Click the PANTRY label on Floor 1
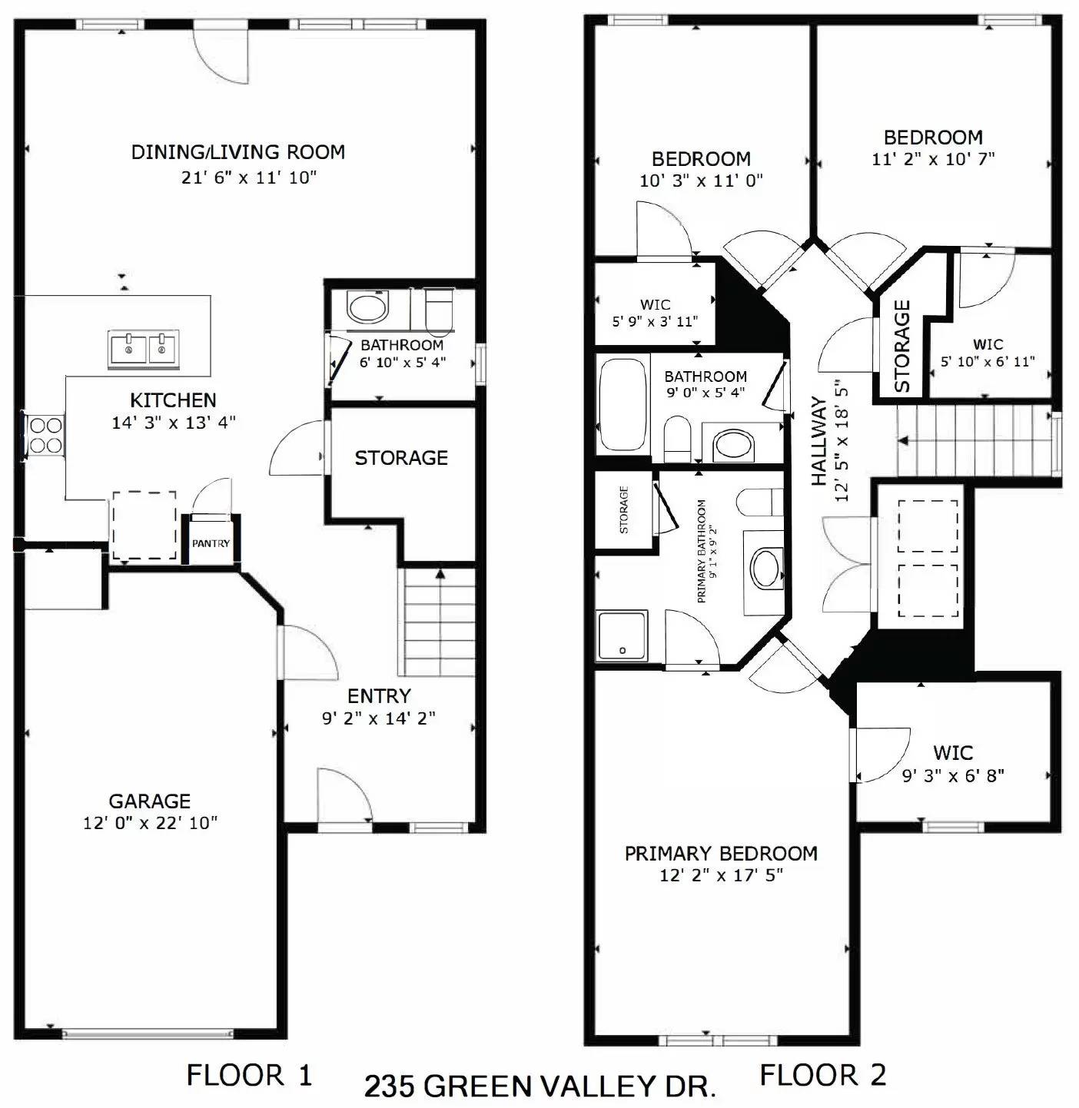coord(211,543)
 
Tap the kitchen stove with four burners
coord(45,434)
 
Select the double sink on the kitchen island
coord(144,349)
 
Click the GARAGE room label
coord(150,801)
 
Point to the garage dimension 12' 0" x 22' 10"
coord(150,823)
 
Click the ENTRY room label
coord(379,696)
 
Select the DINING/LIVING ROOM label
coord(237,151)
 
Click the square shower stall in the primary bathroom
coord(622,635)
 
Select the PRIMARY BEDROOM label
coord(720,854)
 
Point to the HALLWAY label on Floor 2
coord(819,442)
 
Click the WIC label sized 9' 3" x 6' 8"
coord(953,753)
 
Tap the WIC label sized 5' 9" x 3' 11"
coord(655,305)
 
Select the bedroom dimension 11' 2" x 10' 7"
coord(933,159)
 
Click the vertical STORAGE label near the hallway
coord(902,346)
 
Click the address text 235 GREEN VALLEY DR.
coord(539,1086)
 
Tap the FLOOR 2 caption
coord(822,1074)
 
